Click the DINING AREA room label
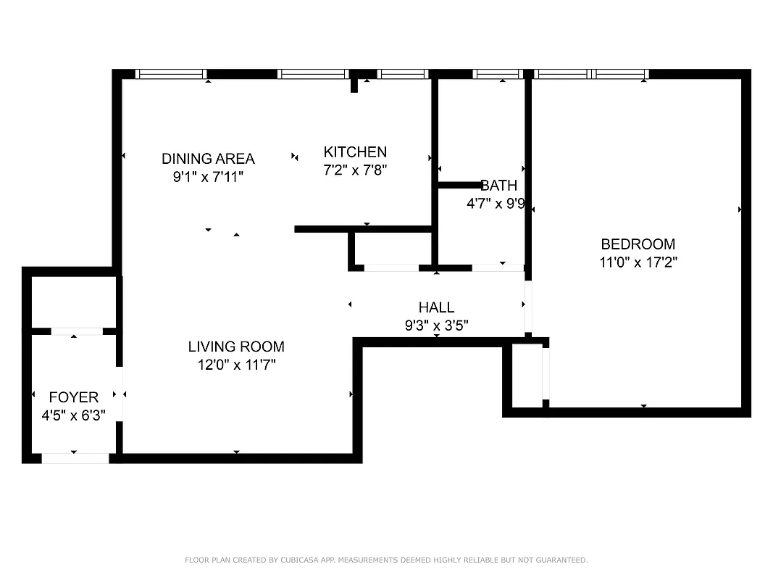208,158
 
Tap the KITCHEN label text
355,152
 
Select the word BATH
499,186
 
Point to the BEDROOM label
638,244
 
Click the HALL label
436,307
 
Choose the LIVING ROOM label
236,347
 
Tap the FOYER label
74,397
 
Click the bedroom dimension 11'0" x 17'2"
638,262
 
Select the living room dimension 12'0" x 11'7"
236,365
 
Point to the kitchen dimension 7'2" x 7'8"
355,170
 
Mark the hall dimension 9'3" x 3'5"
436,326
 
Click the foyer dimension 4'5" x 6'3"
74,415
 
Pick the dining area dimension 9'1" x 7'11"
208,176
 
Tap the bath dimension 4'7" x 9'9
496,204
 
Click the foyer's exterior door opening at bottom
75,458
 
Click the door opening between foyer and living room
120,394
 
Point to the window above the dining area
171,74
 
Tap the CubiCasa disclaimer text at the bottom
386,560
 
